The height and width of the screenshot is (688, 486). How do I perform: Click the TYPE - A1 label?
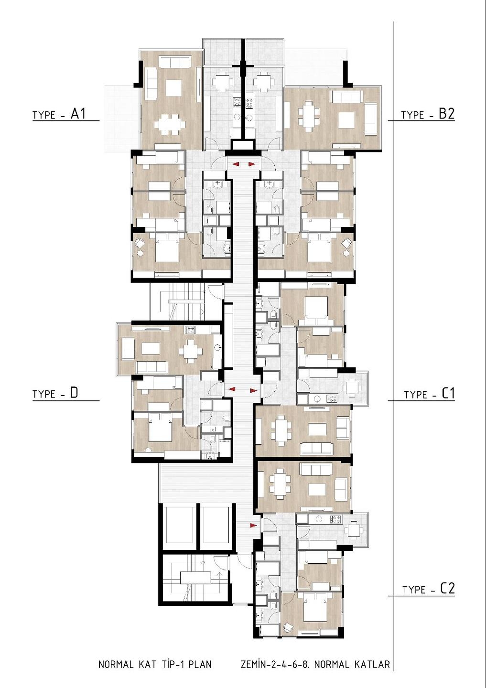[x=59, y=115]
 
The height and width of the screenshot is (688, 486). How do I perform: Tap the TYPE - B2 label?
[x=428, y=115]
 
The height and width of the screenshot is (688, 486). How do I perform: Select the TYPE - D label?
[x=55, y=394]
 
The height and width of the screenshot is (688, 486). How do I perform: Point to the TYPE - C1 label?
[x=429, y=394]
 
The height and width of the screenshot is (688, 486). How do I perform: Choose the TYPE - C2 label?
[x=429, y=589]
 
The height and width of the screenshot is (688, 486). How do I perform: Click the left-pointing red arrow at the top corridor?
[x=236, y=165]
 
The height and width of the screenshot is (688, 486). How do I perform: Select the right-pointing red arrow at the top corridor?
[x=251, y=164]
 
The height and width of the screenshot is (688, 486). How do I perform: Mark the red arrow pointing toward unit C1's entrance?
[x=253, y=390]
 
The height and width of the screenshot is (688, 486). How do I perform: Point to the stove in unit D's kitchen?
[x=190, y=330]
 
